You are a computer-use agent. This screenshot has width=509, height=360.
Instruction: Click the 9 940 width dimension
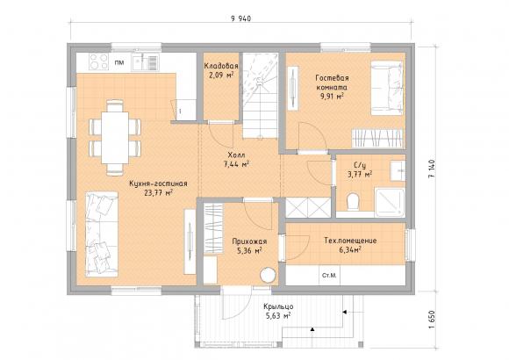click(x=240, y=18)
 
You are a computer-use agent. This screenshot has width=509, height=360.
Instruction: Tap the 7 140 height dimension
click(x=432, y=169)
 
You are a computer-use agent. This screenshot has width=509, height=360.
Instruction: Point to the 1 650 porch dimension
click(x=432, y=320)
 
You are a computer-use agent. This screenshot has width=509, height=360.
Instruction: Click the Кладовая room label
click(x=221, y=66)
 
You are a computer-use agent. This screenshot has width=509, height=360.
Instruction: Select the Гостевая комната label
click(x=332, y=83)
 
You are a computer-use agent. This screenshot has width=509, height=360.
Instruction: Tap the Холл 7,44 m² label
click(x=236, y=159)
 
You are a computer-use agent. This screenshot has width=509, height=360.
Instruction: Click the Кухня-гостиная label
click(x=158, y=184)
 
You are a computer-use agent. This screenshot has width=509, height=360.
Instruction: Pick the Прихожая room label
click(x=249, y=241)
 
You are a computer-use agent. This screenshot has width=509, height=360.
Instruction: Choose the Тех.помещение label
click(x=350, y=241)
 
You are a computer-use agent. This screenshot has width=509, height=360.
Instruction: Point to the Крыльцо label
click(x=278, y=306)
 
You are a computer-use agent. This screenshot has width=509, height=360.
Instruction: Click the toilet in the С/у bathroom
click(x=352, y=201)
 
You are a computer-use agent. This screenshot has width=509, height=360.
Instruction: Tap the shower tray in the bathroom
click(x=390, y=202)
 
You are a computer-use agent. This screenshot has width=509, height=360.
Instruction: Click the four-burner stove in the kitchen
click(x=98, y=61)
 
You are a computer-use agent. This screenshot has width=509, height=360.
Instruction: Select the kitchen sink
click(x=145, y=62)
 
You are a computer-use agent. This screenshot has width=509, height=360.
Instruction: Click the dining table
click(x=115, y=138)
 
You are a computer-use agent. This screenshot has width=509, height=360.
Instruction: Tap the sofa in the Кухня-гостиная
click(x=102, y=234)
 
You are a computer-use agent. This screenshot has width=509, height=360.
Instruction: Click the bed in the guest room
click(x=387, y=88)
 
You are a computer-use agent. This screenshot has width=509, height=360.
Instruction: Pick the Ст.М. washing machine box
click(x=329, y=276)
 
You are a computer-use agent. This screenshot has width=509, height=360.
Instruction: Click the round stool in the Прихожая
click(x=269, y=275)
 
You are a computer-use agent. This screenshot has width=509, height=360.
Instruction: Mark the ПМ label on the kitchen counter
click(x=119, y=62)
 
